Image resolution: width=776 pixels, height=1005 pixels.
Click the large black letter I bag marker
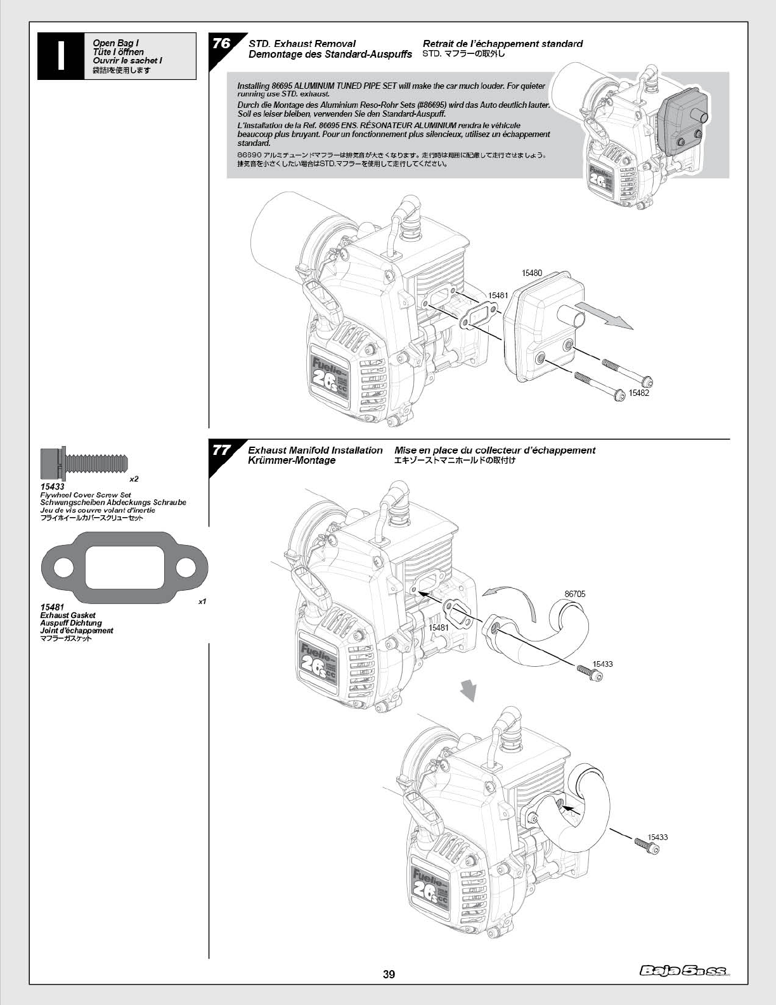(60, 56)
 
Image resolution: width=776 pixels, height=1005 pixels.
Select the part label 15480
(531, 273)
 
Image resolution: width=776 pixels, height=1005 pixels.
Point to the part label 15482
(638, 393)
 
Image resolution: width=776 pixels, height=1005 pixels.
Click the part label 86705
(575, 594)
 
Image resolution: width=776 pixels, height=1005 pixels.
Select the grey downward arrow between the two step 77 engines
(467, 690)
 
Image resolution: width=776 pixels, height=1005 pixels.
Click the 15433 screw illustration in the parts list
(84, 463)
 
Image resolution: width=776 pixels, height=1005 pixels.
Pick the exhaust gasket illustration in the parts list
(125, 567)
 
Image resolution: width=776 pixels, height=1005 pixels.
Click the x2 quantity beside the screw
(134, 479)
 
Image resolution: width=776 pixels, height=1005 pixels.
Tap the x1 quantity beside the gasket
(202, 601)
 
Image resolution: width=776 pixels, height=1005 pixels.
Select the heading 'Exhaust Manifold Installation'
(315, 450)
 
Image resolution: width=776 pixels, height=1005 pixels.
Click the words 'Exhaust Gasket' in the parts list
(68, 615)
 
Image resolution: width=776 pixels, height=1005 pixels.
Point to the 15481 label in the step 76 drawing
(498, 295)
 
